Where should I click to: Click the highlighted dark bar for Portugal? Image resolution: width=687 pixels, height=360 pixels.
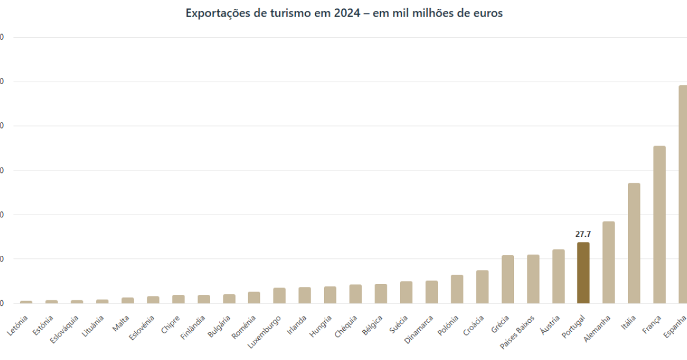coord(583,272)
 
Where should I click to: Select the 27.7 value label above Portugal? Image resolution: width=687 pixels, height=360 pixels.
coord(583,234)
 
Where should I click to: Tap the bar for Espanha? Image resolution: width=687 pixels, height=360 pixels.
coord(683,194)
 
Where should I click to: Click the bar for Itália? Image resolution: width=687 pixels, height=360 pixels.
coord(634,243)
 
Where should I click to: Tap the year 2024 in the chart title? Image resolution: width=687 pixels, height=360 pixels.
coord(347,13)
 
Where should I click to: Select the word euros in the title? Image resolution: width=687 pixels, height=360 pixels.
coord(488,13)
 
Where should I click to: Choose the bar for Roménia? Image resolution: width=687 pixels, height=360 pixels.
coord(254,297)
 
